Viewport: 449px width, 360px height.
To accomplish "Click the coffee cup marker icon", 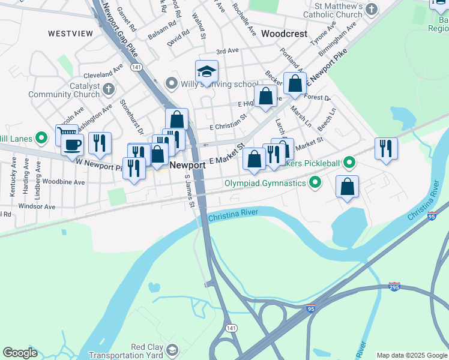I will click(x=72, y=145).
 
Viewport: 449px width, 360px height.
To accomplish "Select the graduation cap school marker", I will click(x=206, y=71).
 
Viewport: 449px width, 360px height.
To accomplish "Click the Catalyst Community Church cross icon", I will click(x=109, y=90).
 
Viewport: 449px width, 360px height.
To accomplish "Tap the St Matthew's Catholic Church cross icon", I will click(x=372, y=10).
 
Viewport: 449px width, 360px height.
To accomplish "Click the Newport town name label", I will click(x=184, y=164).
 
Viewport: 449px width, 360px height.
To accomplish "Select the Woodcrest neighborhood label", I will click(x=284, y=34).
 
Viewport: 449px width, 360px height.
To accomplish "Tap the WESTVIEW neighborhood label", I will click(x=70, y=34).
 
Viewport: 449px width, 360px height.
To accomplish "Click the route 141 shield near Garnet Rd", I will click(x=138, y=68).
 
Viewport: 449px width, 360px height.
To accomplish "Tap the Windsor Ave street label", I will click(x=37, y=206).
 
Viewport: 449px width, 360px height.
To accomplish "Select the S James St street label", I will click(x=190, y=192).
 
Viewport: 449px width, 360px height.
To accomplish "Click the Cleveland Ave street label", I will click(x=98, y=75).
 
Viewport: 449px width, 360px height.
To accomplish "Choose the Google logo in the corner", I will click(x=20, y=353).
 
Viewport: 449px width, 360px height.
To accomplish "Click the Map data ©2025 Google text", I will click(x=411, y=355).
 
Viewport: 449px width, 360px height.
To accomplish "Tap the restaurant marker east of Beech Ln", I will click(x=385, y=148).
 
